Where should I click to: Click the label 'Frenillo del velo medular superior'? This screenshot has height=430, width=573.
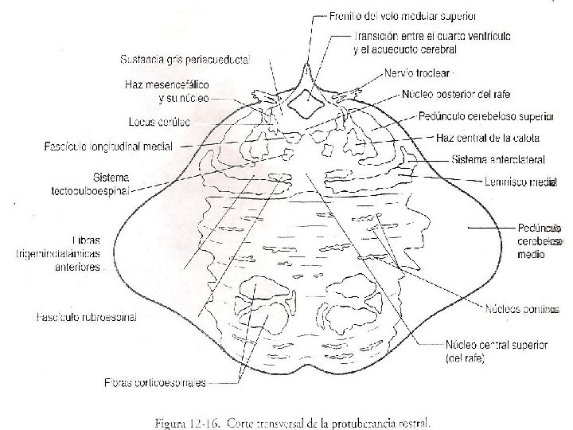click(x=403, y=15)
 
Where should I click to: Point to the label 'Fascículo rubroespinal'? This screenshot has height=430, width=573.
click(x=87, y=317)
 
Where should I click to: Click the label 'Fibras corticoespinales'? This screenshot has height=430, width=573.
click(x=154, y=382)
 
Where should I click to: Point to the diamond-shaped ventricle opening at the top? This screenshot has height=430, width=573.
click(x=303, y=100)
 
